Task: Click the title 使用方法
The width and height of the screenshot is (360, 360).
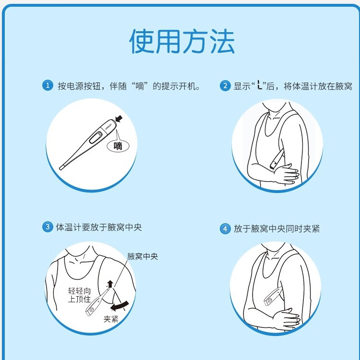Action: point(182,41)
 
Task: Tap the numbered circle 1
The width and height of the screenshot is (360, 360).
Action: point(48,85)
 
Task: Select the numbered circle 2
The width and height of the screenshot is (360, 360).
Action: point(225,85)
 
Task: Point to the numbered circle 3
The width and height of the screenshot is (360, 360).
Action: point(48,227)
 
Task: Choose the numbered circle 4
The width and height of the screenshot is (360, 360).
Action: point(225,228)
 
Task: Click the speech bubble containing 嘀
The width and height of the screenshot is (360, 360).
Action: point(118,145)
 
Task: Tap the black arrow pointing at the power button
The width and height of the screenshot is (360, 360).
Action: point(119,119)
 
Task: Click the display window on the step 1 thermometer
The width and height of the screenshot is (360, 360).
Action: point(96,137)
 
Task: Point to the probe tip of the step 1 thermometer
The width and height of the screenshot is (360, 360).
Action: point(61,168)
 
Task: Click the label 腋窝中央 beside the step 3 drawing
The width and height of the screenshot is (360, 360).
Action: point(143,256)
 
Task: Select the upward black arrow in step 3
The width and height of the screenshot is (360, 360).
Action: point(110,284)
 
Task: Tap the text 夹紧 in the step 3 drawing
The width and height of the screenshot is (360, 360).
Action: point(111,319)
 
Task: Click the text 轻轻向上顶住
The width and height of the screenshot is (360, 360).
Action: point(79,295)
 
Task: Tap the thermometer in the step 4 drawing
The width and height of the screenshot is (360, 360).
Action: point(273,297)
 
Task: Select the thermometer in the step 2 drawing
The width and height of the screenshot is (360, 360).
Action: point(276,159)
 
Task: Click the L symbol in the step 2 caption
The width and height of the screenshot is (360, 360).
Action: point(259,85)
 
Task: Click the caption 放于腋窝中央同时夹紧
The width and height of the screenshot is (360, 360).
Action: point(276,228)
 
